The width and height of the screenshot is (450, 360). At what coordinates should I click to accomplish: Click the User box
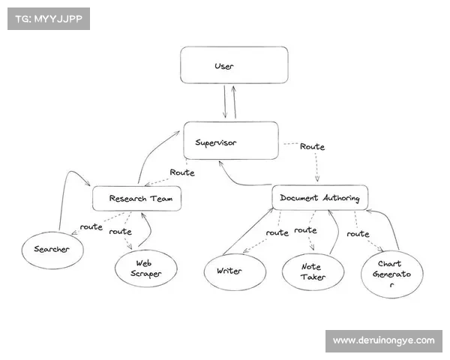[233, 65]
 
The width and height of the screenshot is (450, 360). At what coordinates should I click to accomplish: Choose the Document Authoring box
[319, 198]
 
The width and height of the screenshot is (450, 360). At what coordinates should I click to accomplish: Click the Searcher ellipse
[51, 249]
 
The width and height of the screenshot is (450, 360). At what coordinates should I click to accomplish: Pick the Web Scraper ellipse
[145, 268]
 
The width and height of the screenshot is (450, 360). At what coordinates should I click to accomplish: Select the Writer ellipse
[234, 271]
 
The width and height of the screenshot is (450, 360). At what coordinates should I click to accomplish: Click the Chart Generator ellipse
[391, 274]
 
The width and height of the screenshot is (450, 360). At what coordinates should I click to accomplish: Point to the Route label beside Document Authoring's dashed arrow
[312, 147]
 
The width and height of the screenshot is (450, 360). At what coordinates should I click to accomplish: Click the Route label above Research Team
[182, 172]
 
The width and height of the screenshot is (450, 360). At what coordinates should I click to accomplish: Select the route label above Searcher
[91, 226]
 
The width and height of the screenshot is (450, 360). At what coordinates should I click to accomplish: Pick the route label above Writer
[277, 232]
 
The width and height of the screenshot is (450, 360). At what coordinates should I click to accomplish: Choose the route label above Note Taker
[306, 229]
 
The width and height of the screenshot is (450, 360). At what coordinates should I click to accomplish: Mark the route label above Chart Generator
[358, 233]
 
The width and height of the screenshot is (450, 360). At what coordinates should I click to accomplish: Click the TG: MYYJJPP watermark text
[48, 18]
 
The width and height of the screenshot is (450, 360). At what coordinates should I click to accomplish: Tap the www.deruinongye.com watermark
[383, 340]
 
